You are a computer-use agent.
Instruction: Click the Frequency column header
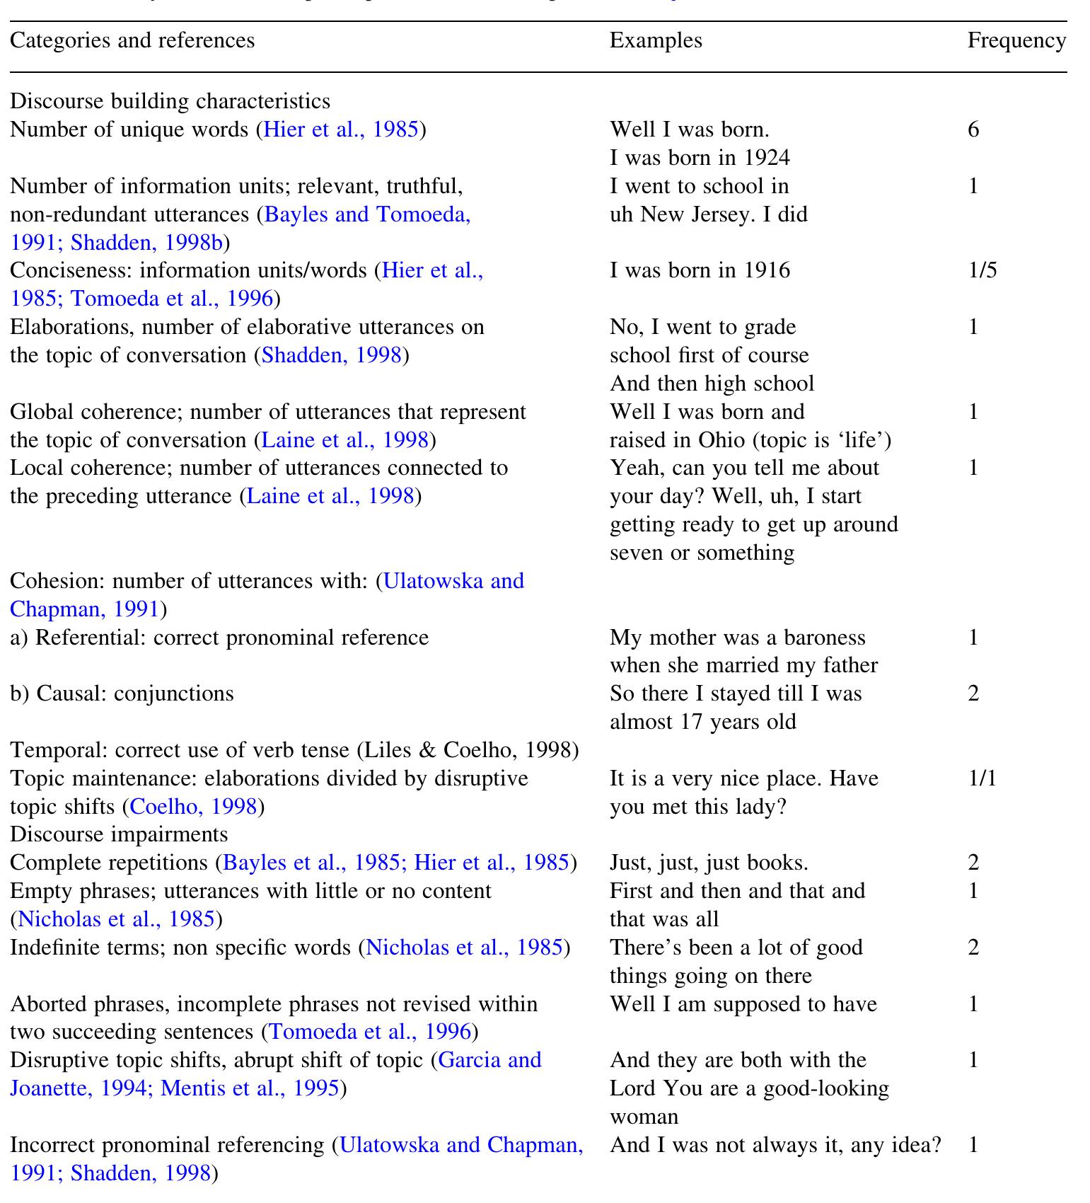tap(1016, 40)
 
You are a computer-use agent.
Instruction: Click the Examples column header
tap(655, 40)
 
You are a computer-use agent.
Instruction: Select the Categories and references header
tap(132, 40)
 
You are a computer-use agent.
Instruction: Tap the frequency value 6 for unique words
tap(973, 129)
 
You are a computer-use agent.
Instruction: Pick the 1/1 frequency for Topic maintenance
tap(982, 778)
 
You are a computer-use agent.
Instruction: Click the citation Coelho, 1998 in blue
tap(193, 807)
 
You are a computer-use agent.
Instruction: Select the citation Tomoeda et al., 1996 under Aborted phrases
tap(370, 1032)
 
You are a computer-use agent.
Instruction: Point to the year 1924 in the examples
tap(766, 158)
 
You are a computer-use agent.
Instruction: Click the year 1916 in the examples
tap(766, 270)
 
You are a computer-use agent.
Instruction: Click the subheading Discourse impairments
tap(119, 834)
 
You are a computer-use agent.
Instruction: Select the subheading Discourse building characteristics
tap(170, 101)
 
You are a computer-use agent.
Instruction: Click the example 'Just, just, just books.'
tap(709, 863)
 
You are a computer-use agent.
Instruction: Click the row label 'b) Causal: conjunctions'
tap(122, 693)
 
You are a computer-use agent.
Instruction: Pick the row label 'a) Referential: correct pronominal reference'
tap(219, 638)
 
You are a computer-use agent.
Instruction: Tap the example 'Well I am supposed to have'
tap(743, 1004)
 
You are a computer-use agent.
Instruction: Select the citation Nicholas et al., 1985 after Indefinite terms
tap(464, 948)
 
